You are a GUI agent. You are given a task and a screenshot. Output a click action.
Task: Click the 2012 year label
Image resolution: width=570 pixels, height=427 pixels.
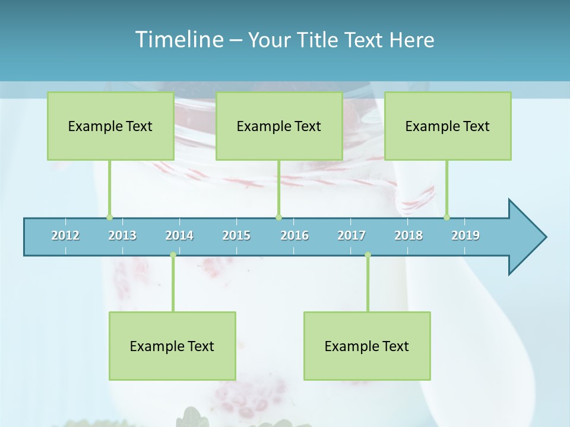(65, 235)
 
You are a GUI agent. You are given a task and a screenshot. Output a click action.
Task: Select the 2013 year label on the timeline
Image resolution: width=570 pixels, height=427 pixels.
(122, 235)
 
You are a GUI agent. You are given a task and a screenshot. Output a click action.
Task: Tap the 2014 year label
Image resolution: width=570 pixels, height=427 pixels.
(179, 235)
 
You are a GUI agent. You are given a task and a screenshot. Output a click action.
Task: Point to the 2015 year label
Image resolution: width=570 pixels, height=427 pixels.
(236, 235)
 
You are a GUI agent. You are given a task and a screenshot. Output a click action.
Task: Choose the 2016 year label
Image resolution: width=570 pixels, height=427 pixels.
(294, 235)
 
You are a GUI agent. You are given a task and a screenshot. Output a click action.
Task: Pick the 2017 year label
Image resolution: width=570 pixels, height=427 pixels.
(351, 235)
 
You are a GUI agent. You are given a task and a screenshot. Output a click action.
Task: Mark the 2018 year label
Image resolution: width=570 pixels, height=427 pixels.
(408, 235)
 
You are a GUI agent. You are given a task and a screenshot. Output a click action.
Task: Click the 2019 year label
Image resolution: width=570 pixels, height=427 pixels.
(465, 235)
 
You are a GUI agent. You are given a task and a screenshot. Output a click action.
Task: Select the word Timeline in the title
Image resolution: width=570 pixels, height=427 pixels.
(178, 40)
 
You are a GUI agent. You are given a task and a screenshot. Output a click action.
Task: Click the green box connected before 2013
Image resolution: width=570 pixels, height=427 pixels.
(110, 126)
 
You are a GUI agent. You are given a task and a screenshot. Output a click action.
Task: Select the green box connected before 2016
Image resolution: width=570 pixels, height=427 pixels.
(279, 126)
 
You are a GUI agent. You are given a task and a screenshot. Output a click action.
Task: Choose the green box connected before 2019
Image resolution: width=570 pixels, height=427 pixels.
(448, 126)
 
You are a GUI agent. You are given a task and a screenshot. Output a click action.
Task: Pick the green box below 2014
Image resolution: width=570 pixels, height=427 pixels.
(172, 346)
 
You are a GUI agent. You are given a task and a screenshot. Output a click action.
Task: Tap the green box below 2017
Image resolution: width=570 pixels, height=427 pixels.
(367, 346)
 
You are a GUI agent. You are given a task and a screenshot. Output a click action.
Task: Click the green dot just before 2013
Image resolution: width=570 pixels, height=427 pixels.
(109, 217)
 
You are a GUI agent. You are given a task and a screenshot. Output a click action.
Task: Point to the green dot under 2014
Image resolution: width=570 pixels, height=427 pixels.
(173, 254)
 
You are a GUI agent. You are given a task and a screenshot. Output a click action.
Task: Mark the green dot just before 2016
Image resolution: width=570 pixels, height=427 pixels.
(278, 217)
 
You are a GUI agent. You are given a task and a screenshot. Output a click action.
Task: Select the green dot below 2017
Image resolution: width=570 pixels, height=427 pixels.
(368, 254)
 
